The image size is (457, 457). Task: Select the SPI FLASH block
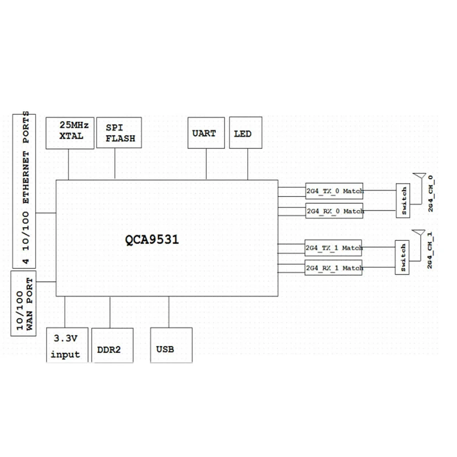119,133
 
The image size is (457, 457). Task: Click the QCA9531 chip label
152,240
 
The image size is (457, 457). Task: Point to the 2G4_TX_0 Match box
334,191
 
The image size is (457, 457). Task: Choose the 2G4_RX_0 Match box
334,211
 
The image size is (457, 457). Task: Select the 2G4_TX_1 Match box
334,247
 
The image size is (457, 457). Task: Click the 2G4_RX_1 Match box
334,267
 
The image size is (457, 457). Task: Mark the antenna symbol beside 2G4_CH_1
418,234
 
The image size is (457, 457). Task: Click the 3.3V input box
67,346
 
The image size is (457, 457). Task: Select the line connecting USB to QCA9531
169,312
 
